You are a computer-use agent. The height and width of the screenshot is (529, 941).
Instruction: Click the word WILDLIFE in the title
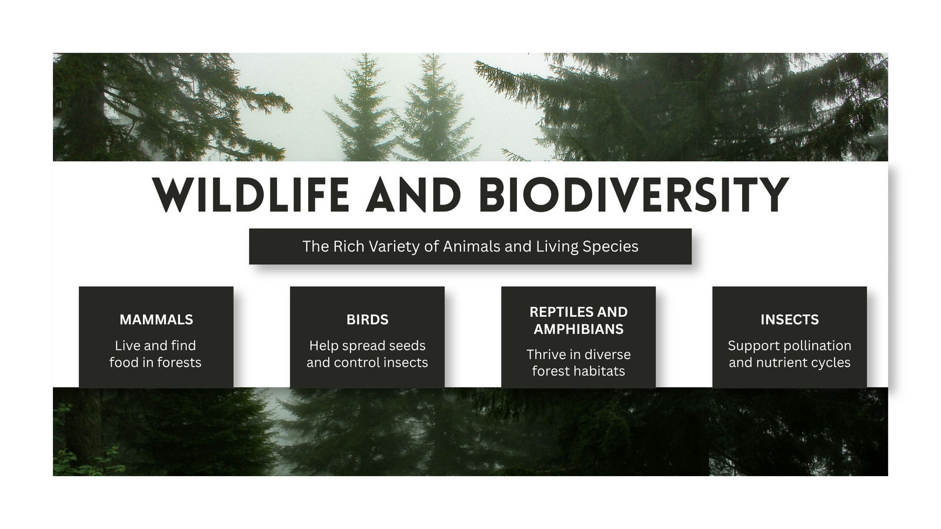[251, 195]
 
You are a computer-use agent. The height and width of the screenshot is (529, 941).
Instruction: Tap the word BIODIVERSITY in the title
[633, 195]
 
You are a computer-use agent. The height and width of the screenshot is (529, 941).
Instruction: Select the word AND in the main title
[414, 195]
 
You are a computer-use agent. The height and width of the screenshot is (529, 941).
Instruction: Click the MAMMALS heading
[156, 320]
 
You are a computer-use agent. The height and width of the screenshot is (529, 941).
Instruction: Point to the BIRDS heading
[368, 320]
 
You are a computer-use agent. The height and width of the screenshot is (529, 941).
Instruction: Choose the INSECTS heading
[790, 320]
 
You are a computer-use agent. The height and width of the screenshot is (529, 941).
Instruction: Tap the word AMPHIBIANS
[579, 329]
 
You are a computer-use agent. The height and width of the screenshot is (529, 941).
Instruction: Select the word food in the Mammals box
[124, 362]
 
